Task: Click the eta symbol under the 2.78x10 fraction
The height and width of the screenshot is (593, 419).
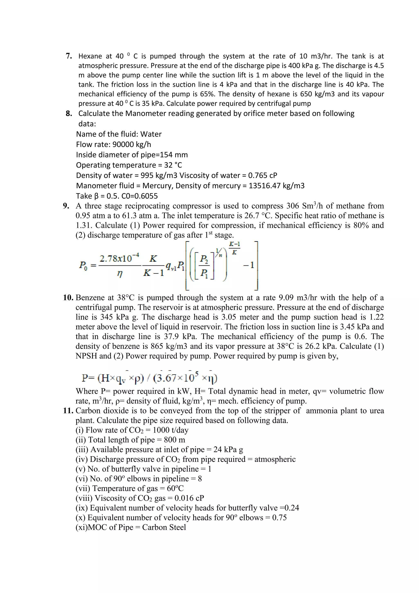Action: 119,273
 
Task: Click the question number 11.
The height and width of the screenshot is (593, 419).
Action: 68,411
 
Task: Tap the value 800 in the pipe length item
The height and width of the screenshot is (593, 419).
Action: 170,440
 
